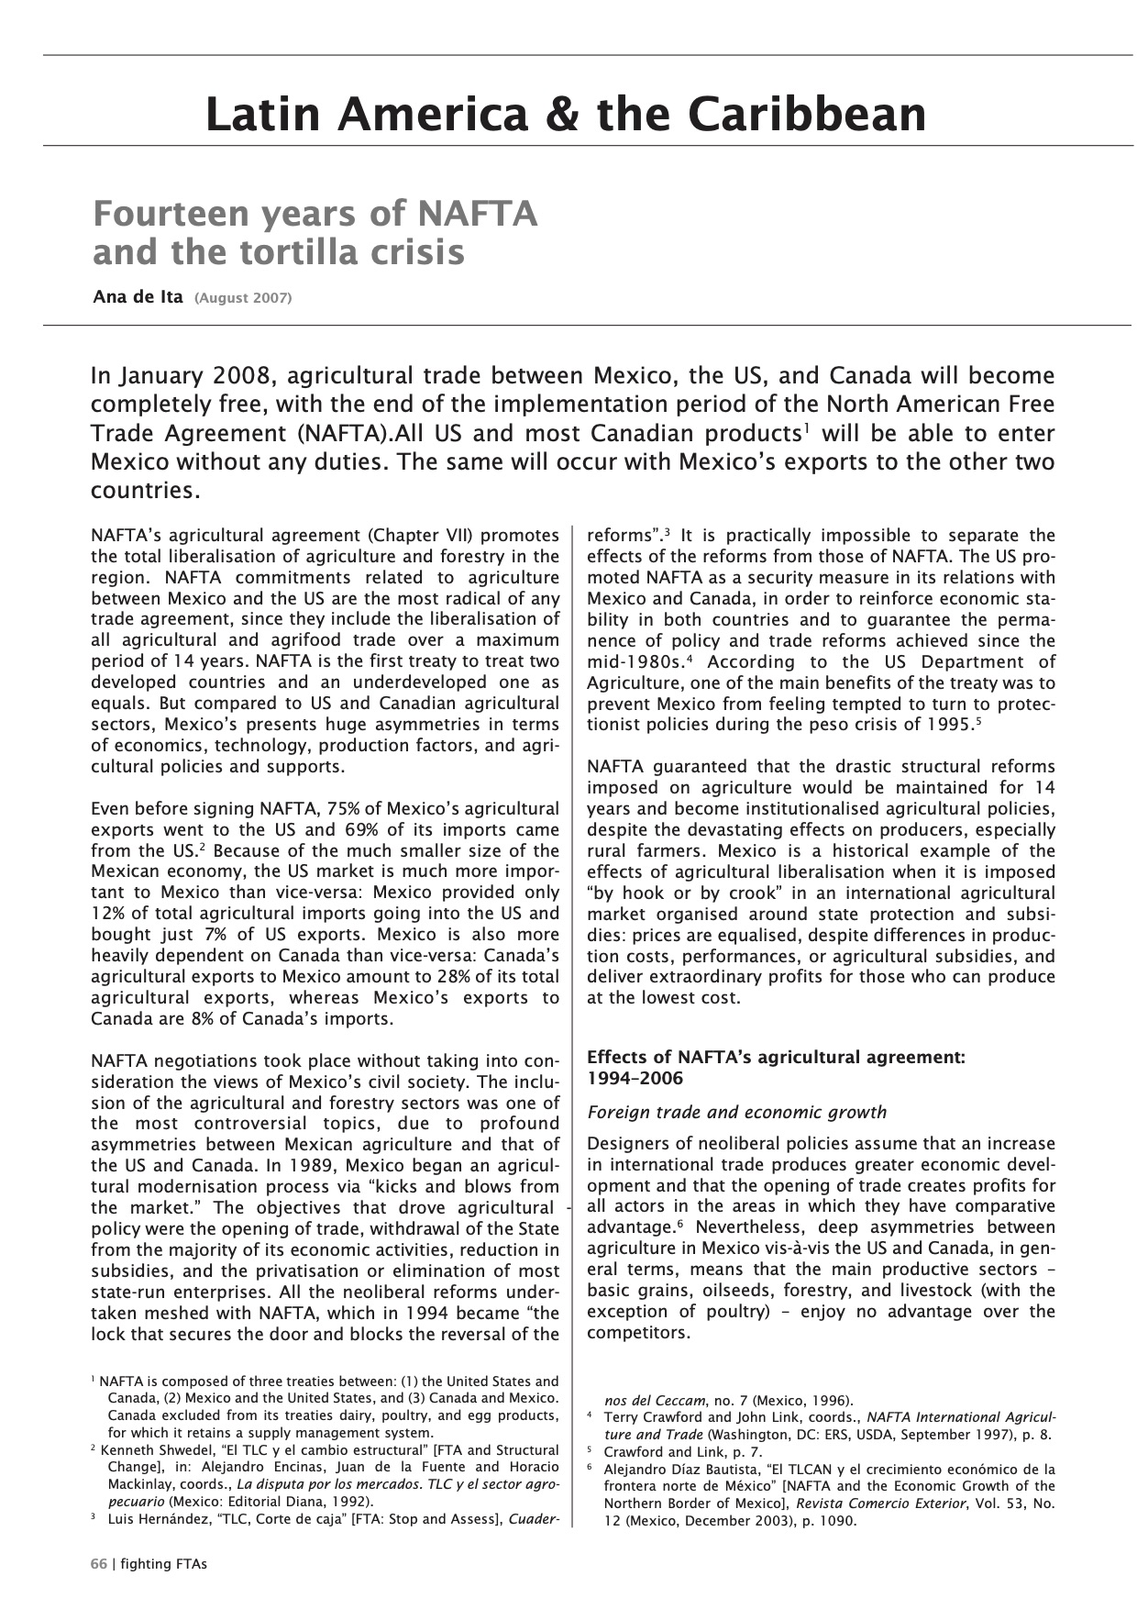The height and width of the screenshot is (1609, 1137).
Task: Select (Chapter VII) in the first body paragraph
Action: pyautogui.click(x=421, y=536)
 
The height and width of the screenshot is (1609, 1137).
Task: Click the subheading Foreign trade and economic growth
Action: pyautogui.click(x=736, y=1113)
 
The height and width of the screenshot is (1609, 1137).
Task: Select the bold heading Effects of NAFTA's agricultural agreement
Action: pyautogui.click(x=775, y=1057)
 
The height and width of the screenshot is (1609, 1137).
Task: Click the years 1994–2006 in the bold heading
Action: pyautogui.click(x=635, y=1078)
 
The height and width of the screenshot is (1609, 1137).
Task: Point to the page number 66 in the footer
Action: pyautogui.click(x=99, y=1564)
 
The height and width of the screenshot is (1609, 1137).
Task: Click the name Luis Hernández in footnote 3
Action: pyautogui.click(x=159, y=1519)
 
